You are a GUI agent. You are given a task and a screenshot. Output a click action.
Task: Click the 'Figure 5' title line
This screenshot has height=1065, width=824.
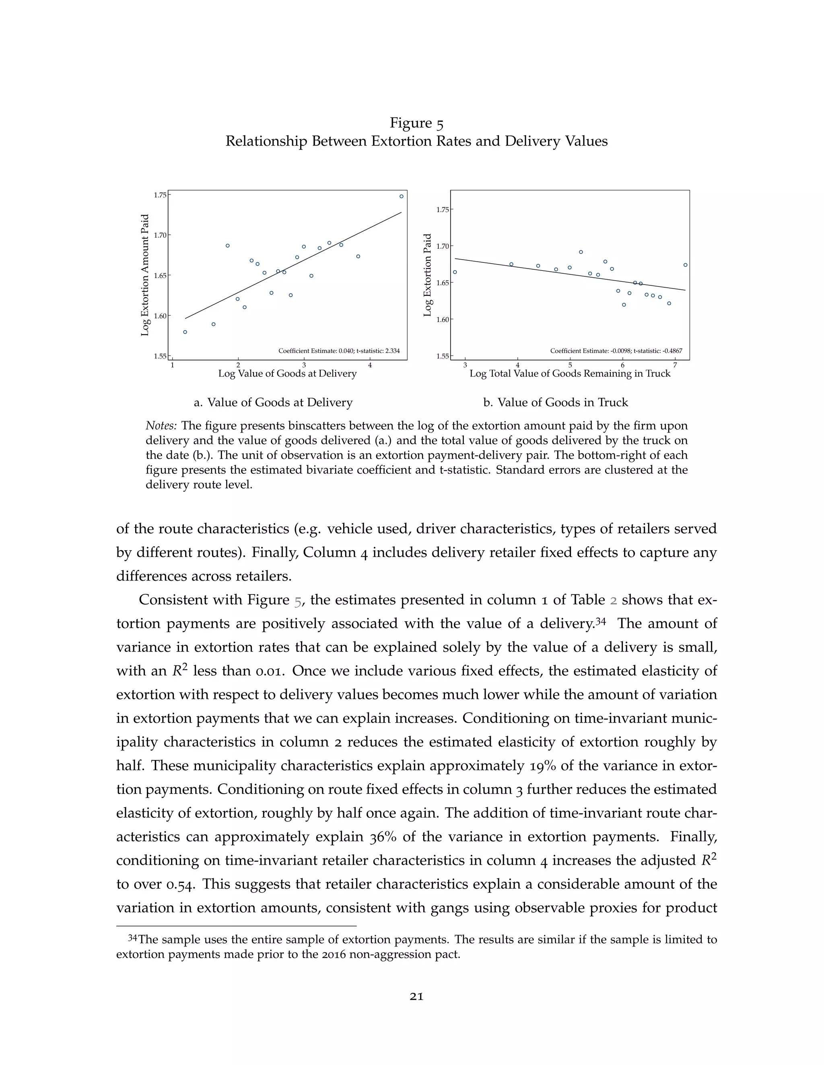tap(416, 123)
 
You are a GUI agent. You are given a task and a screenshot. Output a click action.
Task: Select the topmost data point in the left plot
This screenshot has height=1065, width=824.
tap(401, 197)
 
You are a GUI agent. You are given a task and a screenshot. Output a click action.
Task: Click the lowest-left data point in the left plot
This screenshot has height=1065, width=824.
tap(185, 332)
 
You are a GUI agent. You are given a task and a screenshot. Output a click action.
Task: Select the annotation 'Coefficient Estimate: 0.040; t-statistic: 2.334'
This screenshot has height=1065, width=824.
tap(339, 350)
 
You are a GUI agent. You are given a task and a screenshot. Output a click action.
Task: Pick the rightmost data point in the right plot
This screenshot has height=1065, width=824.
tap(685, 265)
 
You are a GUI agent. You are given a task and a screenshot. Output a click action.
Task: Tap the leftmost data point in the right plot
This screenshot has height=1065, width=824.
tap(455, 272)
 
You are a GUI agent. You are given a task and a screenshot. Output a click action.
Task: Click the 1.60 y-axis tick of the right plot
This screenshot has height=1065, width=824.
tap(442, 320)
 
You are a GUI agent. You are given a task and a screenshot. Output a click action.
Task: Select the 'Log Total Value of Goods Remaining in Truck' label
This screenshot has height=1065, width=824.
tap(570, 373)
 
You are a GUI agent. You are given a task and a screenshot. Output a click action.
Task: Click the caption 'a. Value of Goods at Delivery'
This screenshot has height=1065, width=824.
tap(273, 402)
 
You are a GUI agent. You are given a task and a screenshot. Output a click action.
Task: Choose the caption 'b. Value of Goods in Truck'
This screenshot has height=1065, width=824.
tap(556, 402)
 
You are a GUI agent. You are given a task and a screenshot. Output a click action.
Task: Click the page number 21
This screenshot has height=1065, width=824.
tap(416, 997)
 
